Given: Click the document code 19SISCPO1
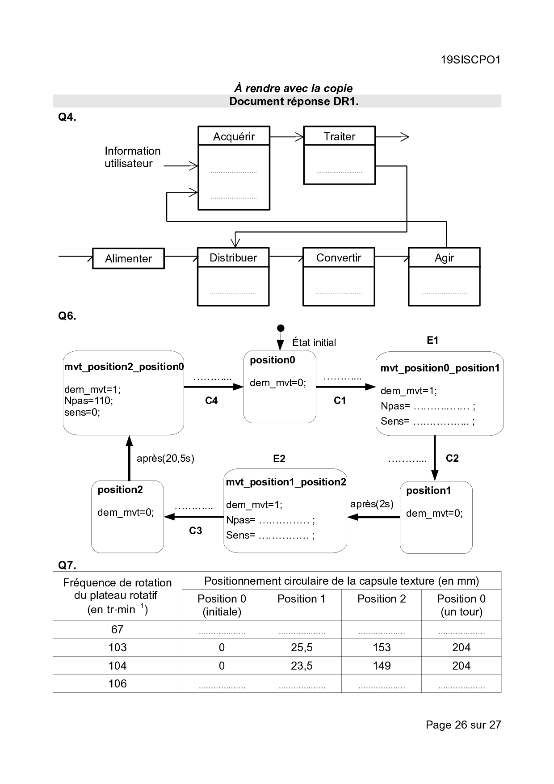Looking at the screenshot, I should click(x=470, y=60).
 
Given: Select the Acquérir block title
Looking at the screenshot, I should click(x=234, y=136).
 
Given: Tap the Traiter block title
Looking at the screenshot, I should click(x=339, y=136).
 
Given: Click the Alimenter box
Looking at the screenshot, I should click(x=128, y=258).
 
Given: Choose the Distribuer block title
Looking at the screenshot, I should click(x=233, y=257).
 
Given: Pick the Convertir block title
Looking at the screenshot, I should click(x=339, y=257).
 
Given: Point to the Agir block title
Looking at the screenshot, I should click(x=444, y=257).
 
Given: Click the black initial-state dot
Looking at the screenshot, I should click(x=281, y=328).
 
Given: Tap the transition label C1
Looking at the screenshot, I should click(x=340, y=400).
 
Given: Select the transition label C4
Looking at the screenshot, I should click(x=211, y=400).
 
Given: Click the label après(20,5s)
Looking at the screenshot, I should click(x=165, y=458).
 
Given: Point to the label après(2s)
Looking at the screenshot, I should click(x=372, y=504).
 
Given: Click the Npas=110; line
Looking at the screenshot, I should click(x=88, y=400).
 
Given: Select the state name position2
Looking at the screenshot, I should click(x=120, y=489).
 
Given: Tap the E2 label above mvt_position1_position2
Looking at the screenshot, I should click(x=279, y=459).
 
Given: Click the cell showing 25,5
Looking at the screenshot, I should click(x=302, y=647).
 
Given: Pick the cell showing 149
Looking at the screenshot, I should click(x=382, y=666).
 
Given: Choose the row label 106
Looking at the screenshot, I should click(x=118, y=683).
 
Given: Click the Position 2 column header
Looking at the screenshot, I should click(x=382, y=599).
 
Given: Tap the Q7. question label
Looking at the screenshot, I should click(x=67, y=565).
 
